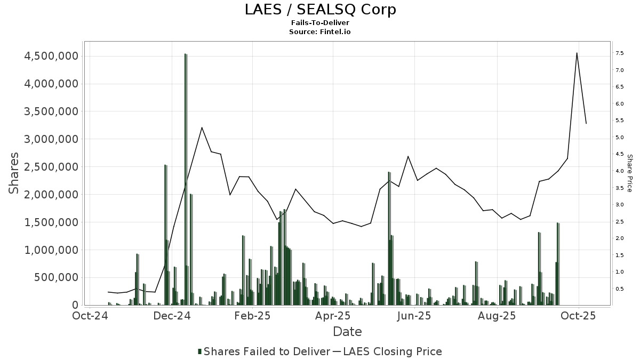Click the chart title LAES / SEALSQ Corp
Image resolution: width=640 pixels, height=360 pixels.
320,10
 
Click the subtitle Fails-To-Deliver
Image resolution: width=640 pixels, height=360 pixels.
320,23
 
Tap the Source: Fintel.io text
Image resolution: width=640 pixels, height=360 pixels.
320,32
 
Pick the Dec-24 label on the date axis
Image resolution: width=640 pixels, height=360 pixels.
172,316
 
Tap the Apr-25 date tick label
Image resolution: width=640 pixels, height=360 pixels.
333,316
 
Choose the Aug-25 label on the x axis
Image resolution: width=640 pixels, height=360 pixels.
497,316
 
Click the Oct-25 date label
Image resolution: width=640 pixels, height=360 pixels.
578,316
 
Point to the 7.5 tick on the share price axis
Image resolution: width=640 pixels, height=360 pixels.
620,53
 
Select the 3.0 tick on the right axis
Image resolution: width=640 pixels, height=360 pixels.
620,205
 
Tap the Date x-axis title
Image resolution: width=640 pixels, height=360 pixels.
347,332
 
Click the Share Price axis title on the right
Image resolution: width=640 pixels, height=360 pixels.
629,173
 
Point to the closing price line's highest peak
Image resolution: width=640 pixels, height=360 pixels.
577,53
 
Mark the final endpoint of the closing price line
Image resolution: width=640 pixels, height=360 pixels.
586,124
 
